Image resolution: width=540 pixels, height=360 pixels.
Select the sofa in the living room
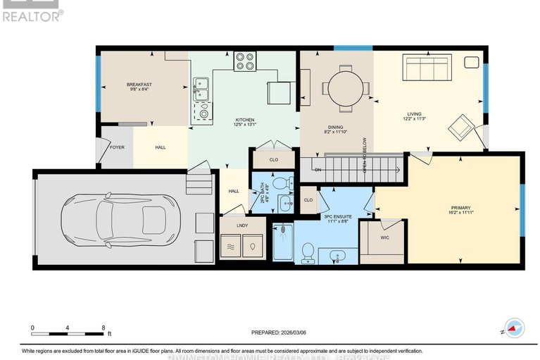click(x=426, y=70)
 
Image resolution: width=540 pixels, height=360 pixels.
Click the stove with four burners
click(x=245, y=62)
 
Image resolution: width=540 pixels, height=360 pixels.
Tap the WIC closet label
click(x=384, y=238)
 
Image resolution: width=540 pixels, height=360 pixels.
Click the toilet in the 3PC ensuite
click(x=308, y=252)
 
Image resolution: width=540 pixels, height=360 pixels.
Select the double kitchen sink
click(x=200, y=91)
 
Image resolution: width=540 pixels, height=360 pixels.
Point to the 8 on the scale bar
click(x=104, y=328)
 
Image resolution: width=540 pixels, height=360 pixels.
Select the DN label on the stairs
click(x=317, y=170)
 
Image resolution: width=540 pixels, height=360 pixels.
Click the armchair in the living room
click(x=461, y=127)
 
